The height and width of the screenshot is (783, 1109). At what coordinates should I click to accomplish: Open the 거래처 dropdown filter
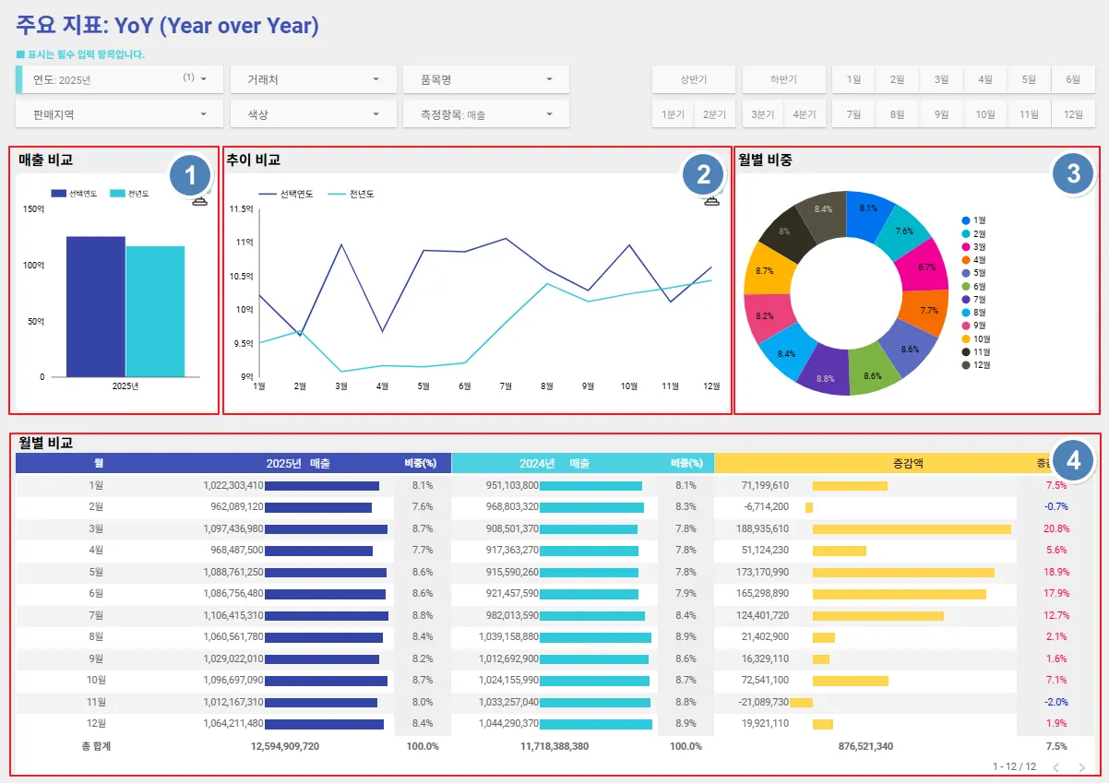tap(314, 79)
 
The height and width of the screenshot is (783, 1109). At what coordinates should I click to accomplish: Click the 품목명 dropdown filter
tap(486, 79)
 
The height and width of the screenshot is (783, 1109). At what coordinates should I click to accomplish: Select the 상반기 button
tap(693, 79)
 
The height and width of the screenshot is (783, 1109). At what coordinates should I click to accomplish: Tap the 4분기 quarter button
tap(805, 114)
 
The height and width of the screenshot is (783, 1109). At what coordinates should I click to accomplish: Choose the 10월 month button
tap(985, 114)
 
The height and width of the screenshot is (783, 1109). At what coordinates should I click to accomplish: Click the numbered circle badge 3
tap(1073, 173)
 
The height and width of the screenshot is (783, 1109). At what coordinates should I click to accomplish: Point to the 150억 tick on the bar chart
tap(33, 209)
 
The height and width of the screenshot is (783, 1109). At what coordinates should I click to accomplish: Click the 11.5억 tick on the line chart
tap(241, 209)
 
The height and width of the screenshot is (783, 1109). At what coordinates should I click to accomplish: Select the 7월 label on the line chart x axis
tap(505, 386)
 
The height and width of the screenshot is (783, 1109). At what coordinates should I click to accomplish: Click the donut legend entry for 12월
tap(980, 365)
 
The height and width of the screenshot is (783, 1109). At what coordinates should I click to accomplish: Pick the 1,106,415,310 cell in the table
tap(233, 615)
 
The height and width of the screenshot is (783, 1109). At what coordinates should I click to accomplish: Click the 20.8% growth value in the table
tap(1055, 528)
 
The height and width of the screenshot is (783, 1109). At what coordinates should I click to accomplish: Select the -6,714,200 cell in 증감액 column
tap(765, 506)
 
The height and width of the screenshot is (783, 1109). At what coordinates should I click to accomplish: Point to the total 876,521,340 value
tap(865, 746)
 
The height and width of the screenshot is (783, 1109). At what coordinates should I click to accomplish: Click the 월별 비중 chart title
tap(765, 160)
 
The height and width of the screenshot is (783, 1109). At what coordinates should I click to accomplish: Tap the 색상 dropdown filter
tap(314, 114)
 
